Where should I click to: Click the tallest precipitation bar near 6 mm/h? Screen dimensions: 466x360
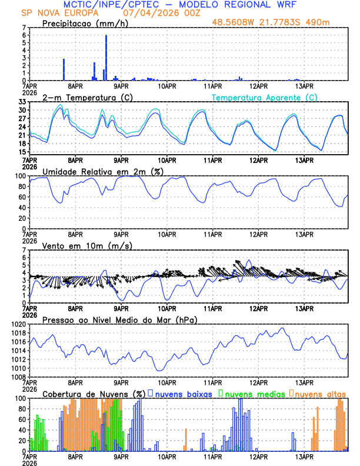(106, 58)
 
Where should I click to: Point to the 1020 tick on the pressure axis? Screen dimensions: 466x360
(19, 324)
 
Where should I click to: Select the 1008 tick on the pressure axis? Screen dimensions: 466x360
(19, 377)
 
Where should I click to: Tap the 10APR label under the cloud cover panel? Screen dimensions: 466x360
(167, 456)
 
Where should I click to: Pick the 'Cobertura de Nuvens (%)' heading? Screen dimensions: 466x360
(94, 394)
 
